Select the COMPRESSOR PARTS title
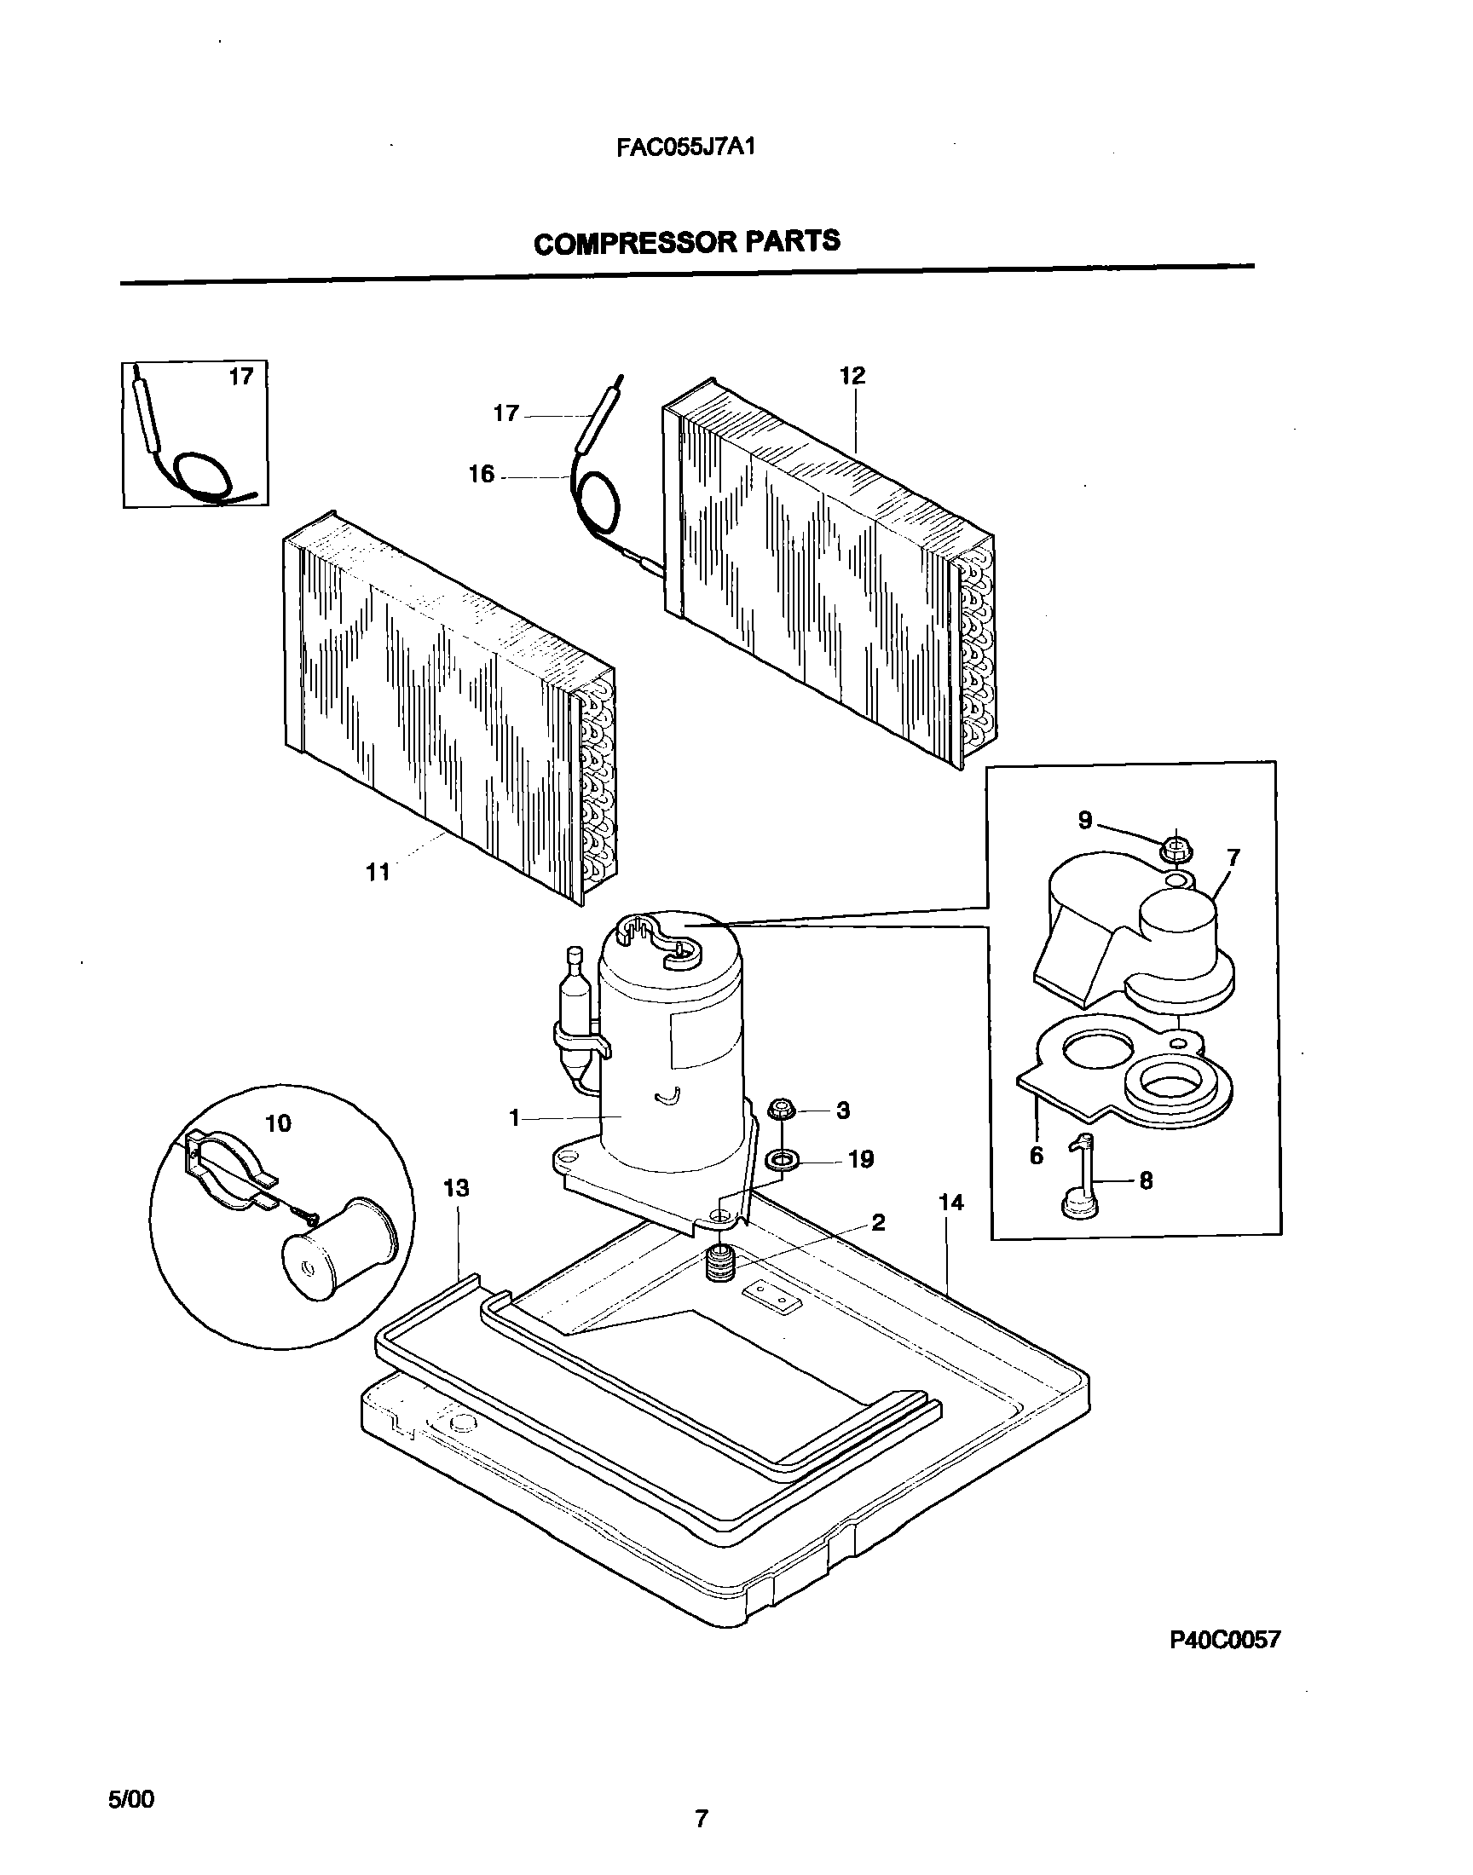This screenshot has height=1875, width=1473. (x=686, y=242)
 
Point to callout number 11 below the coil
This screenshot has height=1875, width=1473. (x=378, y=873)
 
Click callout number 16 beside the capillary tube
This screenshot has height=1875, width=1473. (x=482, y=474)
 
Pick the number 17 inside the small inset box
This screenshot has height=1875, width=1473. (x=241, y=377)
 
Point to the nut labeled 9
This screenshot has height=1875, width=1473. (x=1174, y=848)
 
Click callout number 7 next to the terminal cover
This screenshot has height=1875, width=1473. (x=1233, y=857)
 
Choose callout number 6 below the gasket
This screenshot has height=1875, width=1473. (x=1037, y=1155)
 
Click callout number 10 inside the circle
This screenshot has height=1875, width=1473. (x=279, y=1122)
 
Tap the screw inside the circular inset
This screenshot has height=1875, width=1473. (x=307, y=1216)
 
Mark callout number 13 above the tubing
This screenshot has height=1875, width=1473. (x=456, y=1188)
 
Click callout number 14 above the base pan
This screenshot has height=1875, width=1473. (x=950, y=1203)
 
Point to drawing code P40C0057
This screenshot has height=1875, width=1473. (x=1225, y=1640)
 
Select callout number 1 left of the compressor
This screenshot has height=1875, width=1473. (x=514, y=1118)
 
